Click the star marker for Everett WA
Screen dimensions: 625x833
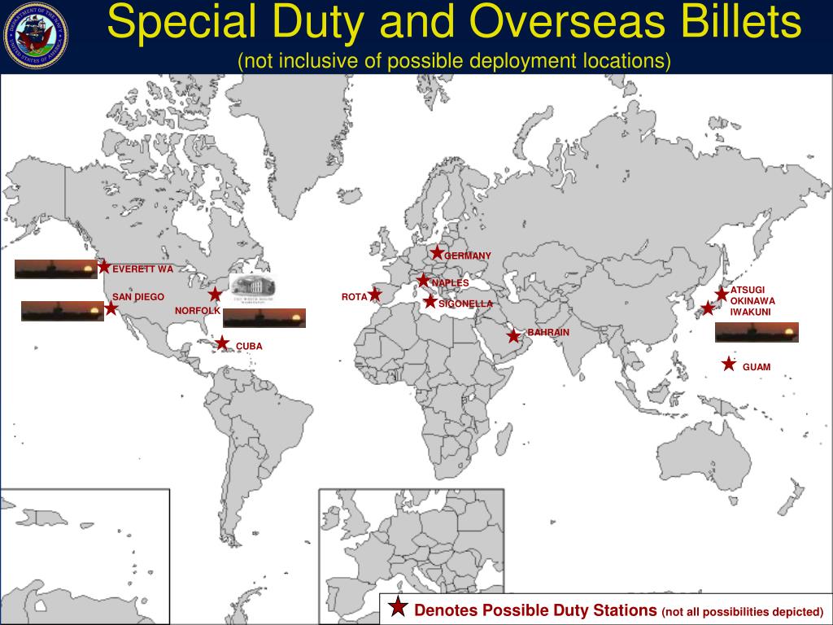point(104,266)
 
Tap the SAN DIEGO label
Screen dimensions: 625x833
point(138,297)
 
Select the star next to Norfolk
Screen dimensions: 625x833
point(215,294)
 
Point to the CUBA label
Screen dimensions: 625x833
point(249,347)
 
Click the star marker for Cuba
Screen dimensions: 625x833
point(222,343)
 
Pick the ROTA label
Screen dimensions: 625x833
point(354,297)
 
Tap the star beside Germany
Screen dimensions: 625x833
point(437,253)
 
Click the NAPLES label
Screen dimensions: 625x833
point(451,282)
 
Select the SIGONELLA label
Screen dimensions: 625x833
point(465,304)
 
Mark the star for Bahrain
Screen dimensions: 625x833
point(513,335)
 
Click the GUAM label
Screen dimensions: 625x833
point(756,367)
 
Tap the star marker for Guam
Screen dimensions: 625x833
point(729,364)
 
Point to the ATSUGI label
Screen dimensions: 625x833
point(748,290)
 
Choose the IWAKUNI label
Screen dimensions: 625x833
point(750,312)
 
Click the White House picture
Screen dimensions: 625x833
point(253,286)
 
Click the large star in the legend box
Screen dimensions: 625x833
point(398,607)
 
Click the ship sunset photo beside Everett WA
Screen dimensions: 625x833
point(55,269)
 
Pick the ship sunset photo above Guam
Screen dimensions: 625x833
point(757,332)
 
